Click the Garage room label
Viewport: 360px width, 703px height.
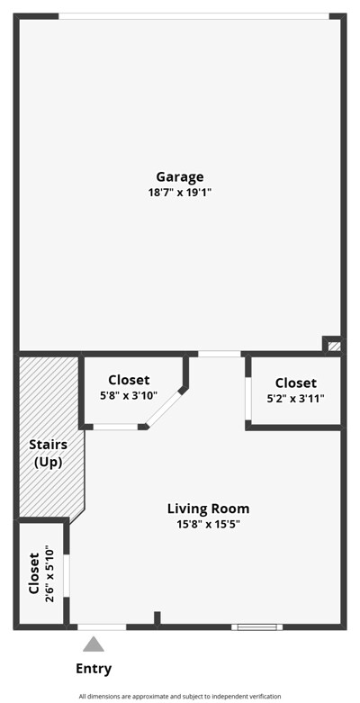click(x=180, y=177)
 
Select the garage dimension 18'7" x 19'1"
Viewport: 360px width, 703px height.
click(x=180, y=194)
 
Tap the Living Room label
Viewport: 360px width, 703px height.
click(x=209, y=509)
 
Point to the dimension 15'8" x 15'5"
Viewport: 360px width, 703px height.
click(x=209, y=524)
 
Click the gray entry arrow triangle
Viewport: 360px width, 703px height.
click(x=94, y=644)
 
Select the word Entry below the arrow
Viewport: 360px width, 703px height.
click(x=94, y=670)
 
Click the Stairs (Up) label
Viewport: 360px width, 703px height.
click(x=49, y=454)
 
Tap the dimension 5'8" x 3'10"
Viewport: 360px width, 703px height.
click(x=129, y=396)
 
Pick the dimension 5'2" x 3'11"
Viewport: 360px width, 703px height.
click(x=296, y=399)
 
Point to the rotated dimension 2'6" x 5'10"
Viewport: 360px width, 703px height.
click(x=49, y=574)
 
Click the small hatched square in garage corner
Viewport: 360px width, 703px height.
click(x=334, y=347)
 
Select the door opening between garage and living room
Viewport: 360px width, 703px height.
click(x=220, y=354)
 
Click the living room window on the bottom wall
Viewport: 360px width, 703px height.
click(x=257, y=626)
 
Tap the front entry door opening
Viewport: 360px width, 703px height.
click(x=102, y=626)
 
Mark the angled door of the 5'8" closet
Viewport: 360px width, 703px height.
click(x=164, y=409)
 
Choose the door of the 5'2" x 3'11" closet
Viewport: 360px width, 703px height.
click(x=247, y=399)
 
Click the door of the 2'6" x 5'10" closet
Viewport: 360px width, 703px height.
click(x=67, y=575)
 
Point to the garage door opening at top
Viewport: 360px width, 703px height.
click(x=193, y=16)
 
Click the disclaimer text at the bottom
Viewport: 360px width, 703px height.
click(x=180, y=697)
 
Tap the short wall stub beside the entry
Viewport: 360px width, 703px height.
click(x=157, y=617)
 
